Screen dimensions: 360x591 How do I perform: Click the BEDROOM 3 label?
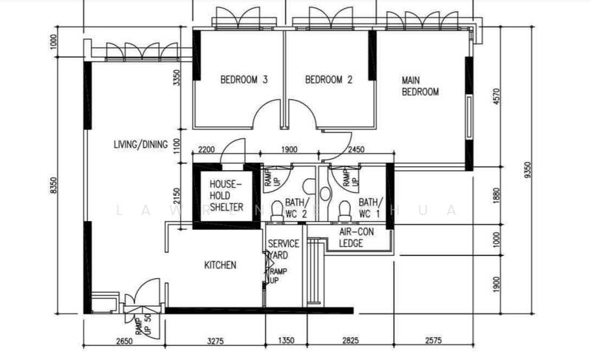244,81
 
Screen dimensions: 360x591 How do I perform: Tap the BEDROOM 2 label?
329,81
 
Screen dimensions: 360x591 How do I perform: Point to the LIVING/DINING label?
140,144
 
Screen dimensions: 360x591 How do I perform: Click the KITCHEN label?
220,265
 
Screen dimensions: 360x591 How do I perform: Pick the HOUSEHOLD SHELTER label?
226,196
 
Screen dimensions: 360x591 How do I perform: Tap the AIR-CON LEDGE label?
355,237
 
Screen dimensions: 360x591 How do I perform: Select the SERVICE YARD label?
283,248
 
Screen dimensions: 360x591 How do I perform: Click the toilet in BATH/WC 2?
277,210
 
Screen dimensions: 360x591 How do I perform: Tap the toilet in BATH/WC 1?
342,210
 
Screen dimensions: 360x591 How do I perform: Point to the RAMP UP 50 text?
143,325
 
